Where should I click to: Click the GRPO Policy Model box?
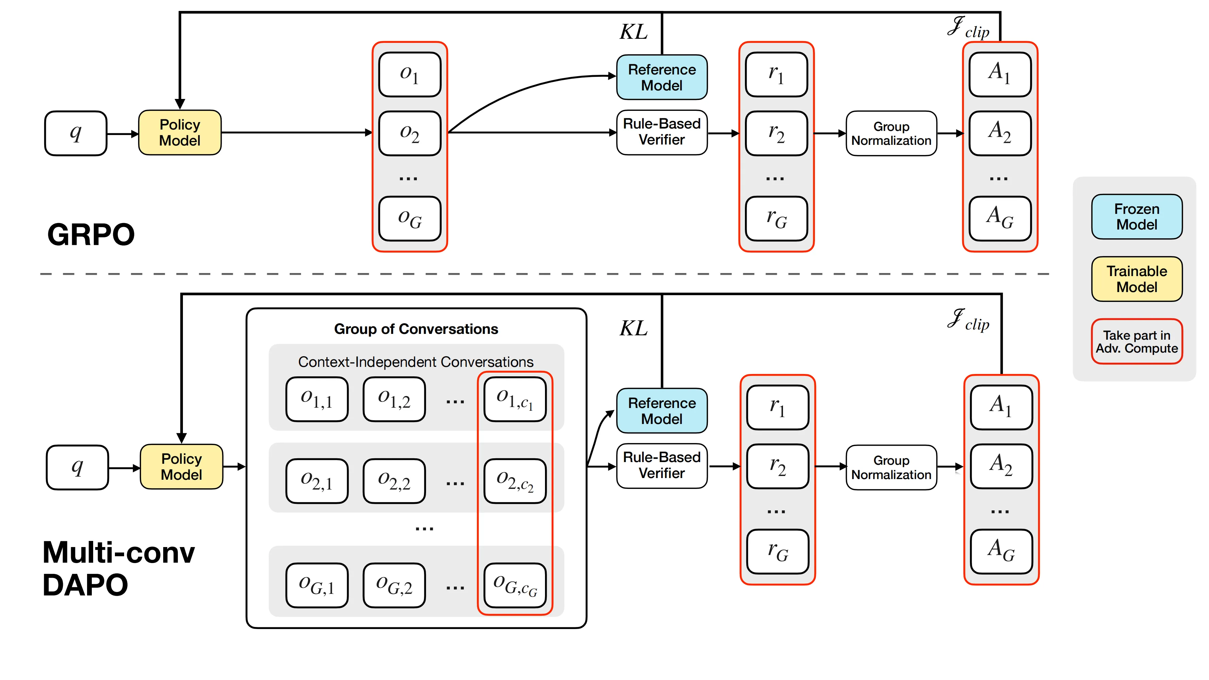180,133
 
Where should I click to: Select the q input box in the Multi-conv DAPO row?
78,468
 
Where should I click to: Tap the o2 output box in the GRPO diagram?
410,133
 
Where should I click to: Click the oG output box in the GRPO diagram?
410,219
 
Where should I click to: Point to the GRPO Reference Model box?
662,78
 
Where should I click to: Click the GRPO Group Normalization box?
891,134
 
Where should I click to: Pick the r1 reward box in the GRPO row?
776,74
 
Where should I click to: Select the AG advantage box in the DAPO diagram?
1001,551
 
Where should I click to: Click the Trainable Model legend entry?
1137,279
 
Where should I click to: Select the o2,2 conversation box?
394,481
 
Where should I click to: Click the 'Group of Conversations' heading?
416,329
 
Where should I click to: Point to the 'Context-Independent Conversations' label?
416,362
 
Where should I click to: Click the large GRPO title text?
91,234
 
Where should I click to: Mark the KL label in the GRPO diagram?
634,32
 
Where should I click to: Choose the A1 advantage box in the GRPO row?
1000,74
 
